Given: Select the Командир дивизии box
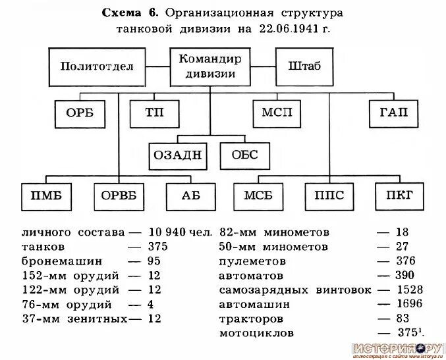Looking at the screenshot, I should click(210, 66).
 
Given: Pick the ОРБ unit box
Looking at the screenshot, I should click(80, 113).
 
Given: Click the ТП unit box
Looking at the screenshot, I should click(154, 113).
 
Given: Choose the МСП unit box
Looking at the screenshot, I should click(277, 113).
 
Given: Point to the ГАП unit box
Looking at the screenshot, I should click(394, 113).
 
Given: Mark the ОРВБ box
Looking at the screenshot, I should click(120, 195).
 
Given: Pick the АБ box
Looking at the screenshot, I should click(190, 195).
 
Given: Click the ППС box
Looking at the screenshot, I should click(329, 195).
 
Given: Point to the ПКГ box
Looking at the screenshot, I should click(400, 195).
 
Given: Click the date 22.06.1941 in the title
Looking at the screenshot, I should click(285, 29).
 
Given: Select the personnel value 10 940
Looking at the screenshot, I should click(166, 232).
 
